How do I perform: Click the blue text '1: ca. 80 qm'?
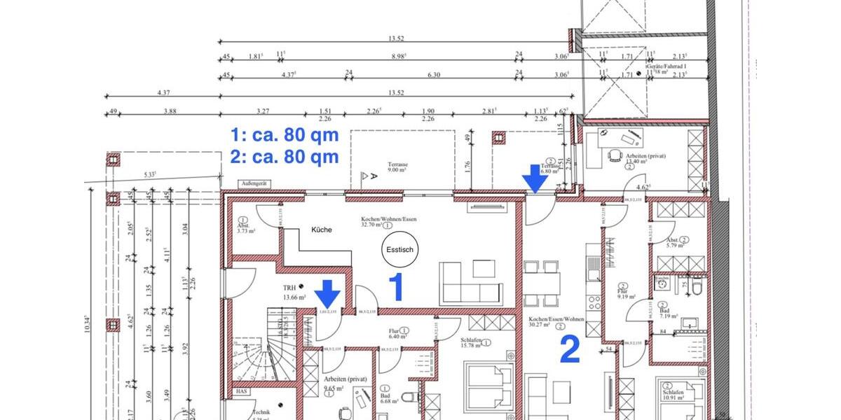[285, 134]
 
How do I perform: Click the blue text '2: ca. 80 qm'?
[285, 156]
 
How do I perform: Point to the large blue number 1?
[397, 288]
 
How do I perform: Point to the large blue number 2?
[569, 350]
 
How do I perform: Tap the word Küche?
[318, 230]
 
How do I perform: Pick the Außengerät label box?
[251, 183]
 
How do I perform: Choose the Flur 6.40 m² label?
[398, 333]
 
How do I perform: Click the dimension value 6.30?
[434, 75]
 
